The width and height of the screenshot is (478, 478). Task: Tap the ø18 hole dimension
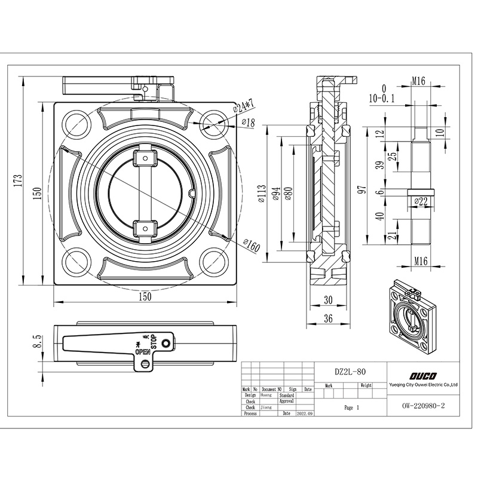pos(247,122)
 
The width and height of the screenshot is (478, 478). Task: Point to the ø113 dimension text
pos(262,194)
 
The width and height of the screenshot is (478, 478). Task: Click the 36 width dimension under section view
pos(327,319)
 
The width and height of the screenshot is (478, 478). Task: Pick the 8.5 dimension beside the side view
pos(37,342)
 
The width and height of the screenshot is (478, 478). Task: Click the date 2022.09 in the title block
pos(304,413)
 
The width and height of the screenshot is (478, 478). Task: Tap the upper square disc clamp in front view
pos(144,158)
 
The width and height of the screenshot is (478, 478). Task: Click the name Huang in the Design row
pos(266,395)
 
